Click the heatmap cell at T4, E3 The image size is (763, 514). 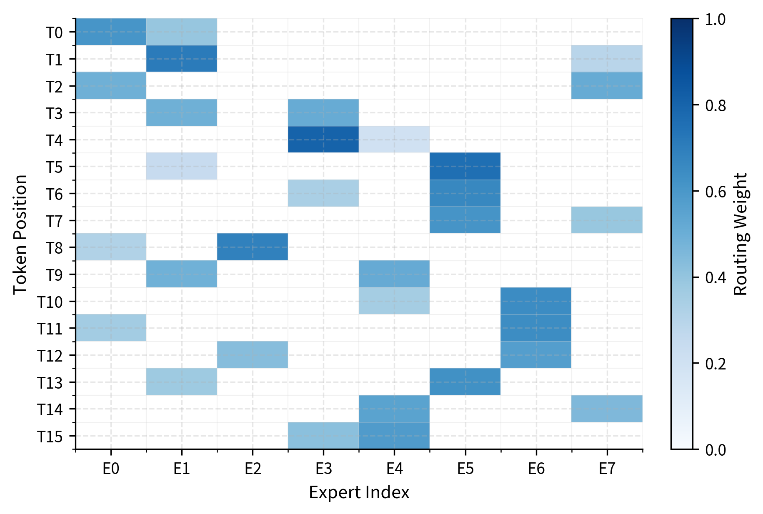(323, 140)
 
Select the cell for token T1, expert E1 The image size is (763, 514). (181, 59)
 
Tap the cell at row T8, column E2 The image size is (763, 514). (252, 247)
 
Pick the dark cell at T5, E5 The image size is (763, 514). (465, 166)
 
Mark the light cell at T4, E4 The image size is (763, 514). (394, 140)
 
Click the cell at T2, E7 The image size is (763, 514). (607, 85)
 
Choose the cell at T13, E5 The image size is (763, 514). (465, 382)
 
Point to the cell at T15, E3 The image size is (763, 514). (323, 436)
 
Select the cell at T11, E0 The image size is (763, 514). (110, 328)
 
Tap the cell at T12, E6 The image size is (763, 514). (535, 355)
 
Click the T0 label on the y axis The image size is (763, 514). (54, 32)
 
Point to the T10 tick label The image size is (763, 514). (50, 302)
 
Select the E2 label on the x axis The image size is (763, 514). (253, 469)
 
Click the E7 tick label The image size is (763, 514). (607, 469)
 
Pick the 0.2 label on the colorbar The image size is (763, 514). (715, 364)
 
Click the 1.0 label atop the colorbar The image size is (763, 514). (715, 20)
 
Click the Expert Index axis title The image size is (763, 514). (359, 493)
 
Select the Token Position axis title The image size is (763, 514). (20, 234)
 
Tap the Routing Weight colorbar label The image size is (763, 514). (741, 234)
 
